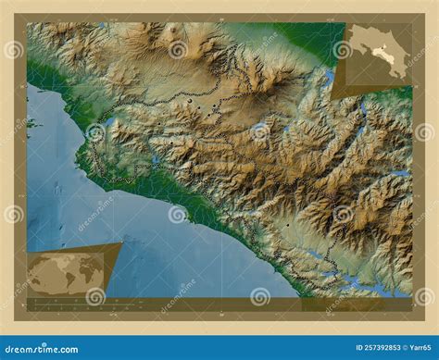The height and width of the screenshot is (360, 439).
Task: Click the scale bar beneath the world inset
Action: click(65, 300)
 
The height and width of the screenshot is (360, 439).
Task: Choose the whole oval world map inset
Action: click(70, 274)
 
